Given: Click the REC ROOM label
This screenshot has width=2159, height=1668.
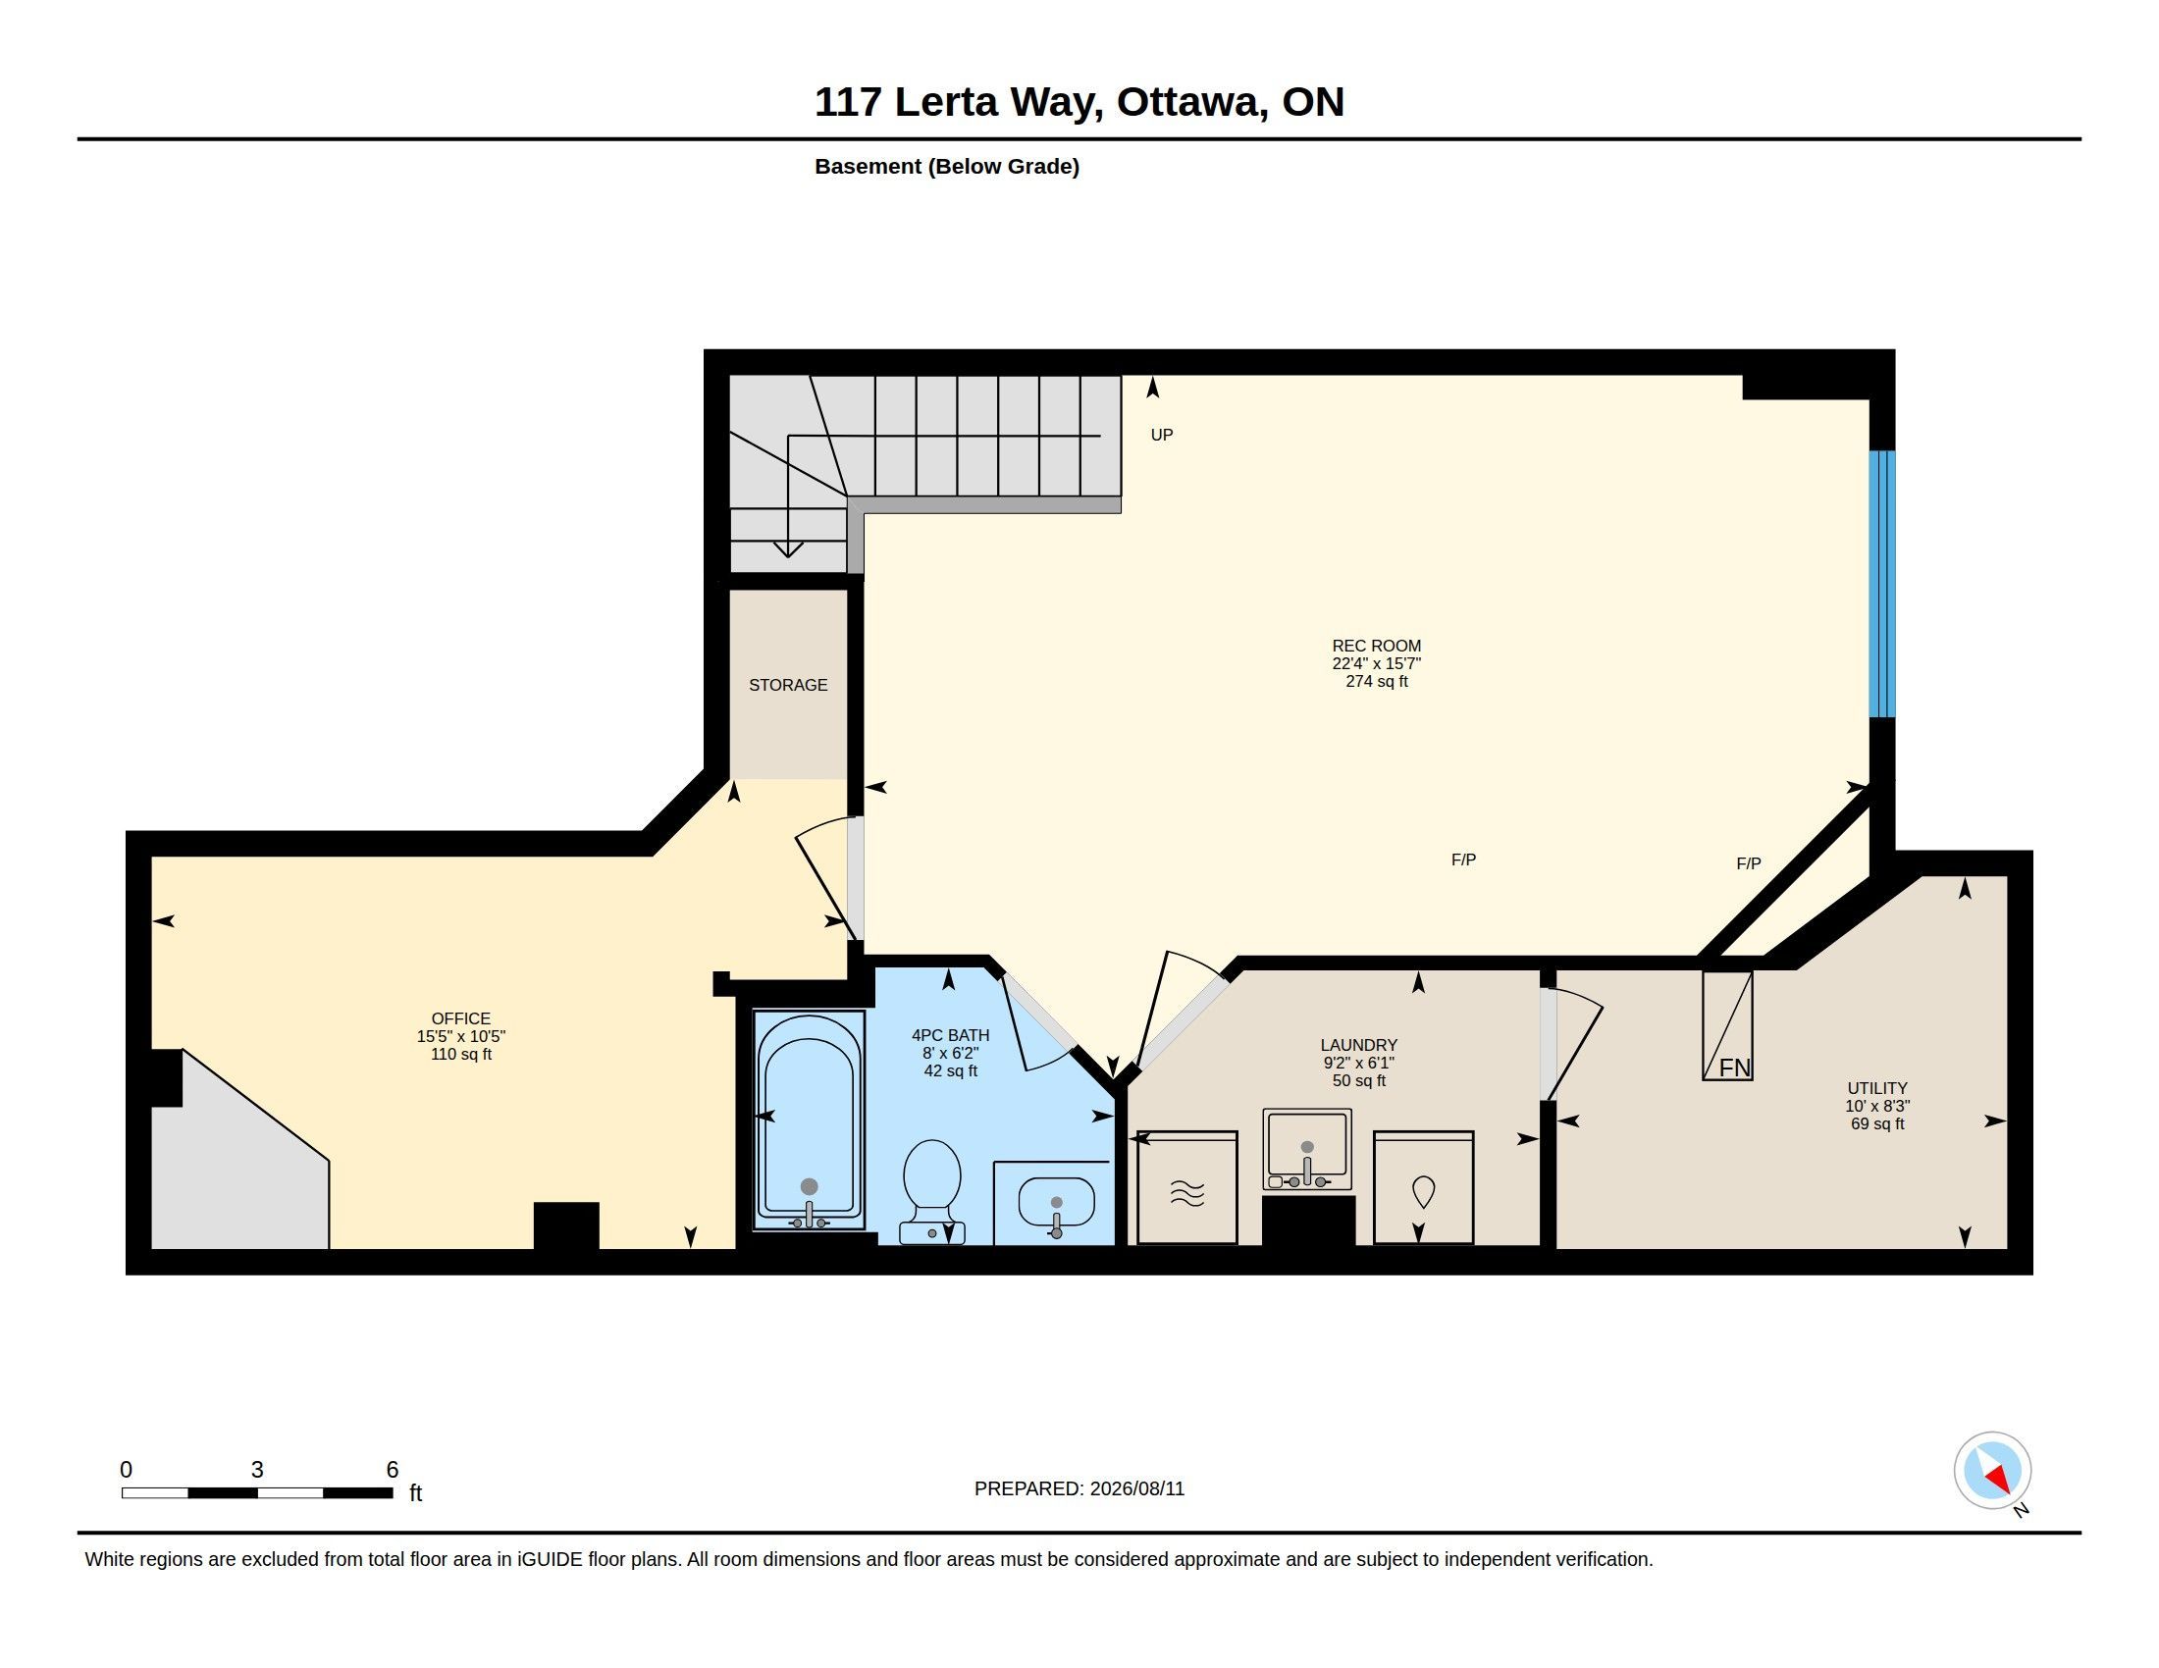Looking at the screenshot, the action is [x=1376, y=647].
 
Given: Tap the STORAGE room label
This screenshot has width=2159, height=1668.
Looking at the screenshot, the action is [x=788, y=685].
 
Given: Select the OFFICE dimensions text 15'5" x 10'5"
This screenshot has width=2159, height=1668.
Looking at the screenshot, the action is [x=460, y=1036].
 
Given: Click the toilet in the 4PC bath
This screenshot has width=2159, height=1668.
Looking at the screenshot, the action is [x=931, y=1191].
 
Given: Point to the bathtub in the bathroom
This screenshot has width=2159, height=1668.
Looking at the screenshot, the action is [x=809, y=1120].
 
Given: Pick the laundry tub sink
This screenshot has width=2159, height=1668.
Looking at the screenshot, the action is [x=1307, y=1149].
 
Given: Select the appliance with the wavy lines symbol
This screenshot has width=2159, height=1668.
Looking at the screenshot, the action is [x=1187, y=1188].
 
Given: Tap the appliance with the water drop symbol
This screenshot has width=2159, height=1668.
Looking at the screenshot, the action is [x=1424, y=1188].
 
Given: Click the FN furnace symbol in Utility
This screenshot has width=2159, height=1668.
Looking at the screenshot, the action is [x=1727, y=1025].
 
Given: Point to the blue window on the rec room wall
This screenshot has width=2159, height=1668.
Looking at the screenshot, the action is [x=1882, y=584].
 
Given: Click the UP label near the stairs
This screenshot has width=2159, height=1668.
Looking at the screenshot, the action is [x=1162, y=435].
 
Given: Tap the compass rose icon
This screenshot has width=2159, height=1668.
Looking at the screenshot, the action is [x=1992, y=1471].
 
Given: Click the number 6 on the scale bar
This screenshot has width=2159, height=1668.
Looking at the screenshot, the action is [x=393, y=1470].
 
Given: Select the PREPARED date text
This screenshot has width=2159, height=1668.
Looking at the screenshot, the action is [x=1079, y=1489].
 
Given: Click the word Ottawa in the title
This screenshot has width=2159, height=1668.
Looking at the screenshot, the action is [x=1192, y=102].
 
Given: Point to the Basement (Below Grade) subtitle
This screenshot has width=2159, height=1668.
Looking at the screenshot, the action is [x=947, y=166].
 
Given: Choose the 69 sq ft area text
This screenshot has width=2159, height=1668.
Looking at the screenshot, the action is [x=1877, y=1124].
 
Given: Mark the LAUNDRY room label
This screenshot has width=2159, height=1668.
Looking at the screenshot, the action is [x=1359, y=1046].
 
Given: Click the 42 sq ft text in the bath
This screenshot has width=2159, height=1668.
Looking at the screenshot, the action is [x=950, y=1071].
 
